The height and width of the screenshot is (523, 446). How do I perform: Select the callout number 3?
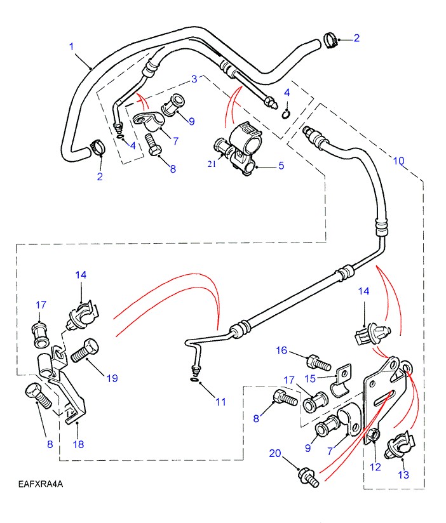click(194, 79)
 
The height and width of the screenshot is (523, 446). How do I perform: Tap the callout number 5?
click(280, 166)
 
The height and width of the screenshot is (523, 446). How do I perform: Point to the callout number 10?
click(398, 161)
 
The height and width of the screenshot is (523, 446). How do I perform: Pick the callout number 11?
click(220, 401)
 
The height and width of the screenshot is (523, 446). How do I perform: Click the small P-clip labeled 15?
click(343, 380)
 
